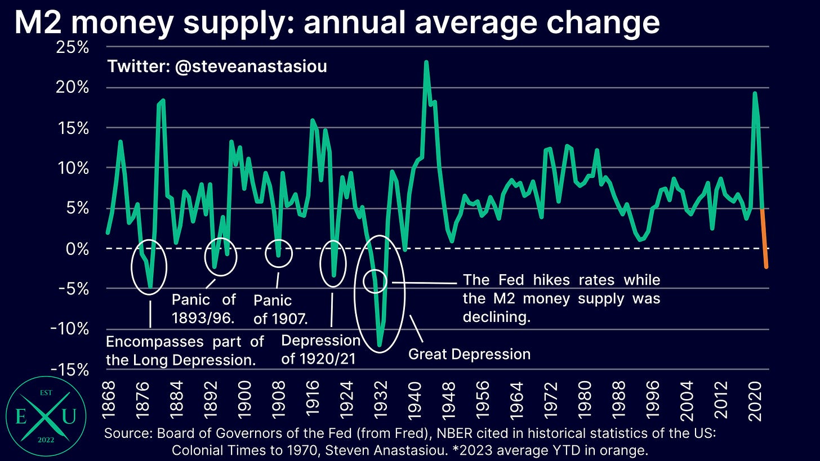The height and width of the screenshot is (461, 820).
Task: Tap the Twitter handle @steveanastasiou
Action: pyautogui.click(x=217, y=66)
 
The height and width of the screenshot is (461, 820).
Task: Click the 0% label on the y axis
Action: pyautogui.click(x=78, y=248)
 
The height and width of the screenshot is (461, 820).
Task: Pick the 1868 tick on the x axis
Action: pyautogui.click(x=108, y=396)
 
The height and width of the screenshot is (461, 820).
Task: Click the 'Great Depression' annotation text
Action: pyautogui.click(x=469, y=354)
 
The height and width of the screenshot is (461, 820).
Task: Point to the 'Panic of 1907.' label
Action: pyautogui.click(x=280, y=309)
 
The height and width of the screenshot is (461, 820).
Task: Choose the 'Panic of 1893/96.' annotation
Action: pyautogui.click(x=203, y=308)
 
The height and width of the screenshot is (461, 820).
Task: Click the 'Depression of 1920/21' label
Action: pyautogui.click(x=320, y=349)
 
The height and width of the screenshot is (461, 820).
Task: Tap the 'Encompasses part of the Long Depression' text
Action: pyautogui.click(x=185, y=350)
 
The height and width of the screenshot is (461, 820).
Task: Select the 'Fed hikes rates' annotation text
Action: pyautogui.click(x=561, y=298)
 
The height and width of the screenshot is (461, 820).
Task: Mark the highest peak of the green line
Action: pyautogui.click(x=426, y=62)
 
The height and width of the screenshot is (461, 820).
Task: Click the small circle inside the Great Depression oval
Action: pyautogui.click(x=376, y=280)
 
